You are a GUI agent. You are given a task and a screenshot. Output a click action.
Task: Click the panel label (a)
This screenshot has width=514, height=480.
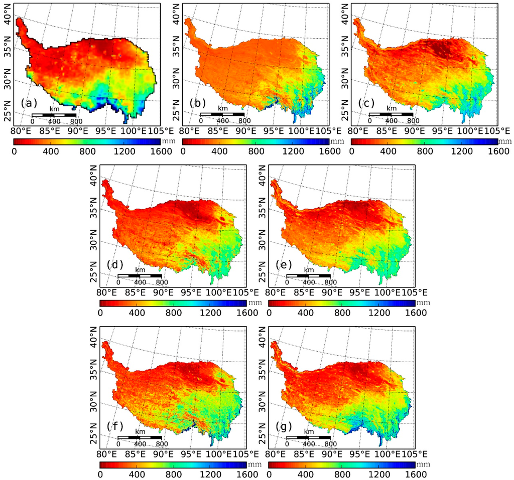(29, 103)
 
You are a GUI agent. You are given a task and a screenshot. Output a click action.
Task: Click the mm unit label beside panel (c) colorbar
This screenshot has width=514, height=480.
(505, 141)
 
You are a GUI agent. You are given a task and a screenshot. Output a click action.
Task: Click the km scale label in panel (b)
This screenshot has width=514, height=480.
(222, 108)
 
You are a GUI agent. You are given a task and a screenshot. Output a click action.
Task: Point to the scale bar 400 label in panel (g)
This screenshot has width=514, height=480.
(309, 444)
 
